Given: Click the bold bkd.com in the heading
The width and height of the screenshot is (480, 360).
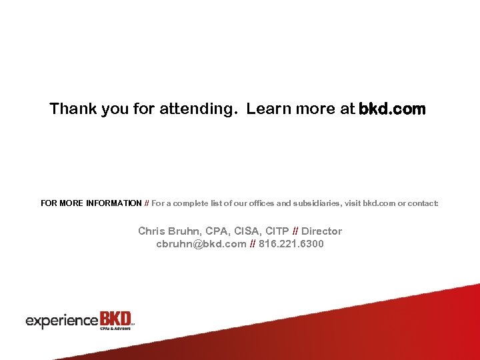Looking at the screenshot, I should click(391, 109).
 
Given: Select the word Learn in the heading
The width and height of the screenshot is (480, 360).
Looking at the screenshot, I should click(267, 109).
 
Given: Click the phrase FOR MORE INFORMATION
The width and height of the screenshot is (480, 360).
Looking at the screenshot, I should click(91, 203).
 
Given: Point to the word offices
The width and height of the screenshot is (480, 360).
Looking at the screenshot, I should click(249, 203).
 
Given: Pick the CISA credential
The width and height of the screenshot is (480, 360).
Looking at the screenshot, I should click(247, 231).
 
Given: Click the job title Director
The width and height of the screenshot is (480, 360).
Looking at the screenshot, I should click(321, 231).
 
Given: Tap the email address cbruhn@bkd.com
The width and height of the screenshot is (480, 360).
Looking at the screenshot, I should click(201, 244).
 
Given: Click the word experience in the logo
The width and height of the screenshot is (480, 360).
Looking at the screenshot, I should click(62, 321).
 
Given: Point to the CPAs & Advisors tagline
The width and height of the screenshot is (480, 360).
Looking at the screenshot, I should click(114, 328).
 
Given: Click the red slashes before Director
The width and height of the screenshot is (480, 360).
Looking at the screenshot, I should click(295, 231).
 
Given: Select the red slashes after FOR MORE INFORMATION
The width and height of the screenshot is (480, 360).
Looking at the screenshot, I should click(147, 203).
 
